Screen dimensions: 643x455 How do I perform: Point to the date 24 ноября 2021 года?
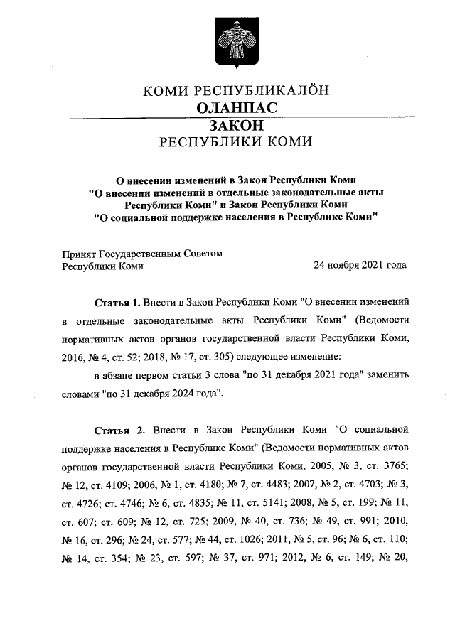click(360, 266)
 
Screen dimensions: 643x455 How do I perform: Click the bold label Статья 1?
click(118, 301)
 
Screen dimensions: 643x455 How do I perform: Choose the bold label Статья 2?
click(119, 431)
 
